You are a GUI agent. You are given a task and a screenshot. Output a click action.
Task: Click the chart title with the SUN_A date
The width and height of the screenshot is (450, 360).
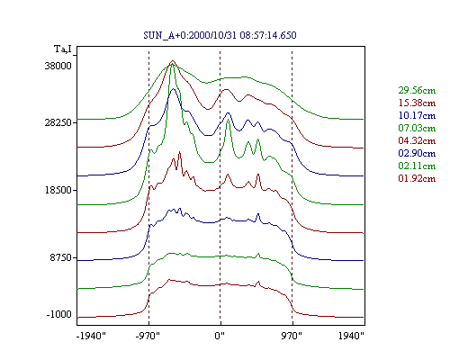tap(220, 35)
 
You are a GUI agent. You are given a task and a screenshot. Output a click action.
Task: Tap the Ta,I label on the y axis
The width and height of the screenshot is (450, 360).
tap(63, 49)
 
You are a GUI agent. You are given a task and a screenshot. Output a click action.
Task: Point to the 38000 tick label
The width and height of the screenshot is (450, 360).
tap(58, 66)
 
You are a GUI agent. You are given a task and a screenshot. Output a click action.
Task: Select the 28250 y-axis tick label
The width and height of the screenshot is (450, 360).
tap(58, 122)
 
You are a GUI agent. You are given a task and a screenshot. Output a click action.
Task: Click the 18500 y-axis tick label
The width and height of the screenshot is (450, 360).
tap(58, 190)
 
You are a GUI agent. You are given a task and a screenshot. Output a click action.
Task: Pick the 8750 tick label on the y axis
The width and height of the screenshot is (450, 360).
tap(61, 257)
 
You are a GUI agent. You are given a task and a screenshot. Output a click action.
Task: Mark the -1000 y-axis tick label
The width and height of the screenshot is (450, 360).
tap(59, 314)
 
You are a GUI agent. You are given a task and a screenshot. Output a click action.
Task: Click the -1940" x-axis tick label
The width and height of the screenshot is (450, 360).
tap(92, 336)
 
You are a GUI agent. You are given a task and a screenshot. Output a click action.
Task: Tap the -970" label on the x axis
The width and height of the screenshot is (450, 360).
tap(148, 336)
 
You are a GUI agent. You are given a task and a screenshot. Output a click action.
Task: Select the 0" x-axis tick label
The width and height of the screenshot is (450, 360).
tap(220, 336)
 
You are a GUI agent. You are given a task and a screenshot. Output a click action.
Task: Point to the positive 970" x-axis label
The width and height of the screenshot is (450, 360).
tap(292, 336)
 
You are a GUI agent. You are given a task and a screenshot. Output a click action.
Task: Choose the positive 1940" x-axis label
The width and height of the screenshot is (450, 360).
tap(351, 336)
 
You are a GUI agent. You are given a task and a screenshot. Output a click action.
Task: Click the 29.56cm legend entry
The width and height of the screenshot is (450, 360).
tap(417, 90)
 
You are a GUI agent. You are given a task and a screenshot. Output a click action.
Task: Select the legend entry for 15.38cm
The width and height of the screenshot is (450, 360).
tap(417, 103)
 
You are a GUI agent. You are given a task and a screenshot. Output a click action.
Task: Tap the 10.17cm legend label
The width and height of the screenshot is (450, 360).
tap(417, 115)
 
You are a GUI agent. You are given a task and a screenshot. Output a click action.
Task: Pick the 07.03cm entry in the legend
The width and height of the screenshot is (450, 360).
tap(417, 128)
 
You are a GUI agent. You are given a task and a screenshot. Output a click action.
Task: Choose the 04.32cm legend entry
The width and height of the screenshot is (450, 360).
tap(417, 140)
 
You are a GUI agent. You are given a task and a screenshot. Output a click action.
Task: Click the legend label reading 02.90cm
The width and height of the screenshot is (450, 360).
tap(417, 153)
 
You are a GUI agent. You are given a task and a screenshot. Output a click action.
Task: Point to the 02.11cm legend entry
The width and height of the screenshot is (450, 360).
tap(417, 166)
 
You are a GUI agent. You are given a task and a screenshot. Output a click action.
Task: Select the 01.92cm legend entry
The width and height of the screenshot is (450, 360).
tap(417, 178)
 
